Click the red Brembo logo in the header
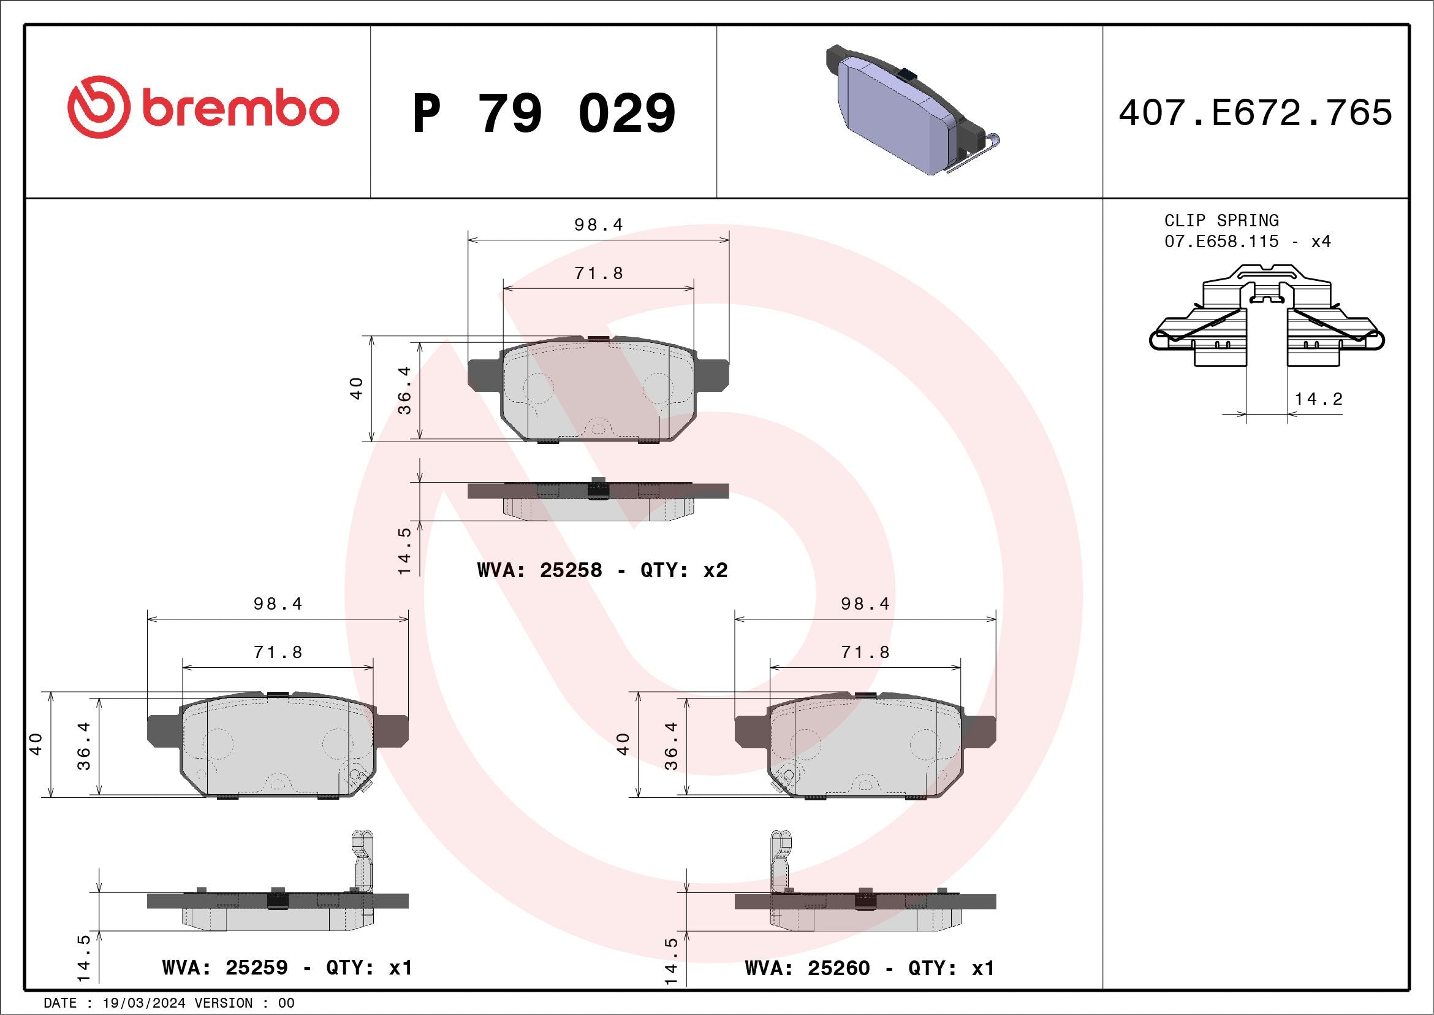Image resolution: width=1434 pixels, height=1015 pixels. tap(203, 107)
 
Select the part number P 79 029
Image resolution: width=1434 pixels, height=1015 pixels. tap(544, 113)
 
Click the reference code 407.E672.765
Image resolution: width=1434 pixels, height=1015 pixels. tap(1256, 112)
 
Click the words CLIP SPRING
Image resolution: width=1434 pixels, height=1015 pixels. tap(1221, 221)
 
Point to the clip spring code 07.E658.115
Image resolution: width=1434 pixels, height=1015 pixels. tap(1221, 241)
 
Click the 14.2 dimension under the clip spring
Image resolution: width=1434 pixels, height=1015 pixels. tap(1318, 399)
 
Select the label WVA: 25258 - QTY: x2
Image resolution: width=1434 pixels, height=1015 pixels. tap(602, 570)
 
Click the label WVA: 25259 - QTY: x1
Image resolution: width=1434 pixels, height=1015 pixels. tap(287, 968)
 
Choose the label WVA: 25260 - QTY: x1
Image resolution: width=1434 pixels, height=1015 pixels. tap(870, 968)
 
